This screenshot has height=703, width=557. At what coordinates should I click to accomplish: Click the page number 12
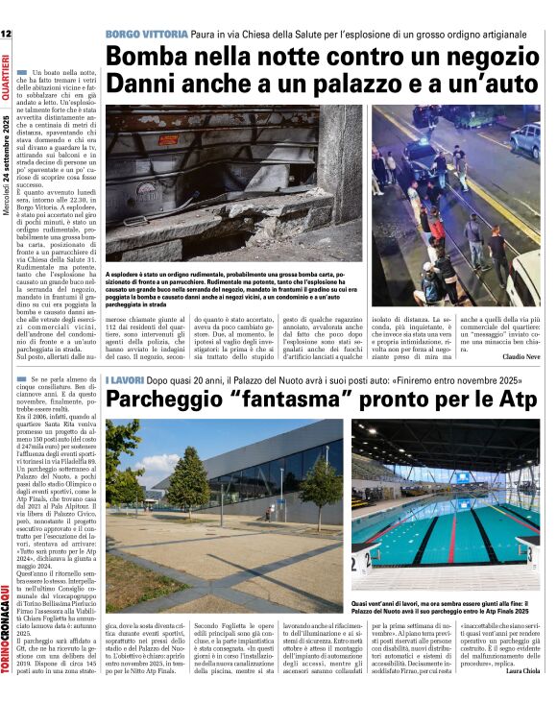pyautogui.click(x=6, y=35)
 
